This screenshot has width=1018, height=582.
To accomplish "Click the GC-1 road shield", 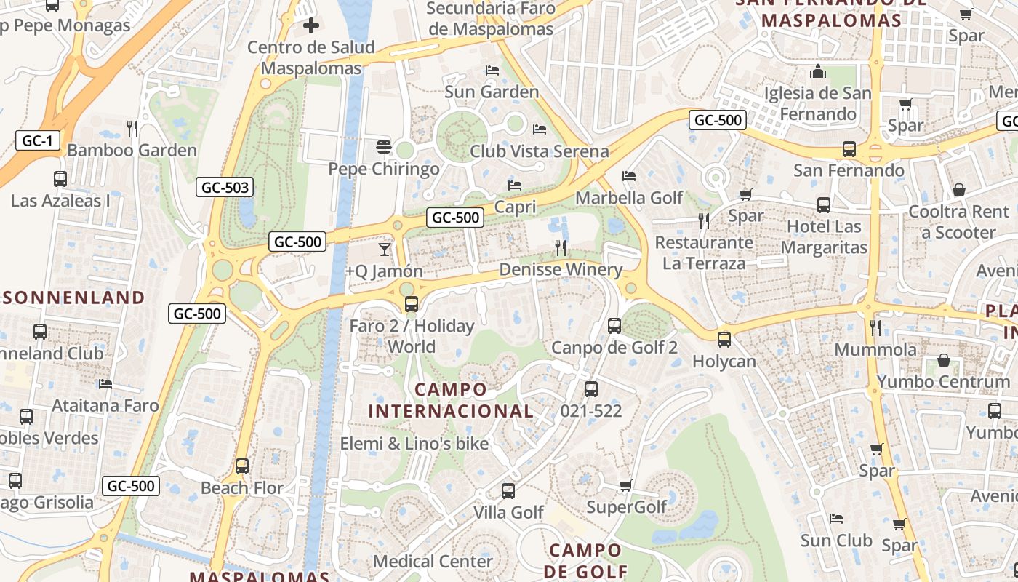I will (37, 140).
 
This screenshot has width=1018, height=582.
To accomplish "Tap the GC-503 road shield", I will (225, 188).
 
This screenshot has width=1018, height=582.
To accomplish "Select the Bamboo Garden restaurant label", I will (132, 150).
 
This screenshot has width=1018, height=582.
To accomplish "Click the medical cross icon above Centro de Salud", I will (311, 26).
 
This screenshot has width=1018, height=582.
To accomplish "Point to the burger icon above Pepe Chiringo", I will (384, 147).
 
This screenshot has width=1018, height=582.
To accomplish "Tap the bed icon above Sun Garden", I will (492, 71).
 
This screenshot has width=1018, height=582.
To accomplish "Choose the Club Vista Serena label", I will (539, 151).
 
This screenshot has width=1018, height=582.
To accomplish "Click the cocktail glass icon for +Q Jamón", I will (384, 250).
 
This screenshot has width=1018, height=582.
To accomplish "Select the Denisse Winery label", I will (561, 270).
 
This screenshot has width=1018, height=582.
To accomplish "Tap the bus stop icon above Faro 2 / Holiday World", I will (412, 304).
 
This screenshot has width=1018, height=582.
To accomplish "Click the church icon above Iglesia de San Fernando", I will (818, 72).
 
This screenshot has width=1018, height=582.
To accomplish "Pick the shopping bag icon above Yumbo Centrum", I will (943, 360).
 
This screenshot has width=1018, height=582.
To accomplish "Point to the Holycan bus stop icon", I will (724, 339).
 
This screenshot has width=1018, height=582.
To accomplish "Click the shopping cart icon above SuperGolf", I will (626, 485).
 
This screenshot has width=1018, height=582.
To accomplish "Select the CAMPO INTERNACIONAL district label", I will (451, 400).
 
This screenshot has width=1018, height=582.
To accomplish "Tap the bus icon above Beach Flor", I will (242, 466).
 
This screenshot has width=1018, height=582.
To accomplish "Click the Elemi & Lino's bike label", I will (414, 443).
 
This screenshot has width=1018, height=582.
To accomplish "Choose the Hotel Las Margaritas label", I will (824, 237).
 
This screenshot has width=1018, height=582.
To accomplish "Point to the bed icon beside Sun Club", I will (836, 519).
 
